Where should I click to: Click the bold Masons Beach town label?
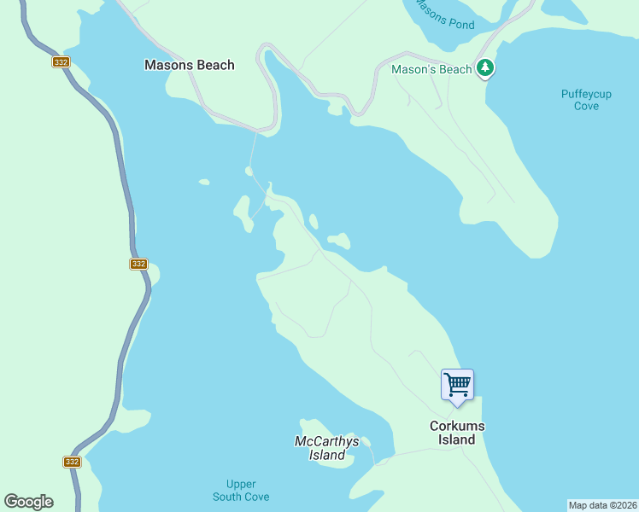189,65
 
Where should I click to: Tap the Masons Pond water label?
444,14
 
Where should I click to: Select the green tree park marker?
485,67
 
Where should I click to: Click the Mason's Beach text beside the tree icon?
431,69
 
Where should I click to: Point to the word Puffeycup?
586,94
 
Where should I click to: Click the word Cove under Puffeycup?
586,106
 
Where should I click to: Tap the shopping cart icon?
457,385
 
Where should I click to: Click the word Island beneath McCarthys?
326,455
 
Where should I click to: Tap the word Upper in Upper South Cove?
241,484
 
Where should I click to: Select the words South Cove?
241,497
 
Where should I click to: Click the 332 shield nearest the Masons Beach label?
60,62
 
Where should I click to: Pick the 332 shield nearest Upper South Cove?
72,462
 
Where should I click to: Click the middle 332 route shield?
138,264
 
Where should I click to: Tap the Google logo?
28,502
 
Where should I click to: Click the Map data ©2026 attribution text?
602,505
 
